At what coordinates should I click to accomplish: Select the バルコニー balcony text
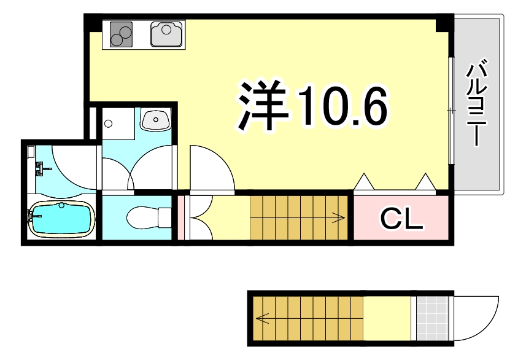(x=477, y=102)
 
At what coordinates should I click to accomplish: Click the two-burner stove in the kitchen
(x=122, y=34)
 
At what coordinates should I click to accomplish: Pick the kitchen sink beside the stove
(x=167, y=34)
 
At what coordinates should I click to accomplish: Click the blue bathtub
(x=61, y=220)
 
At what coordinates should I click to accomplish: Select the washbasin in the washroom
(x=156, y=119)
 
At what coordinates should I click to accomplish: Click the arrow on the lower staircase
(x=263, y=318)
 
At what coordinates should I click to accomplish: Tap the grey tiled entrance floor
(x=432, y=318)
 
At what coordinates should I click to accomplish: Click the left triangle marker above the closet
(x=364, y=182)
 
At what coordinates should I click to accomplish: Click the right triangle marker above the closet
(x=425, y=182)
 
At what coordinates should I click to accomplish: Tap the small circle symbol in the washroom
(x=109, y=123)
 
